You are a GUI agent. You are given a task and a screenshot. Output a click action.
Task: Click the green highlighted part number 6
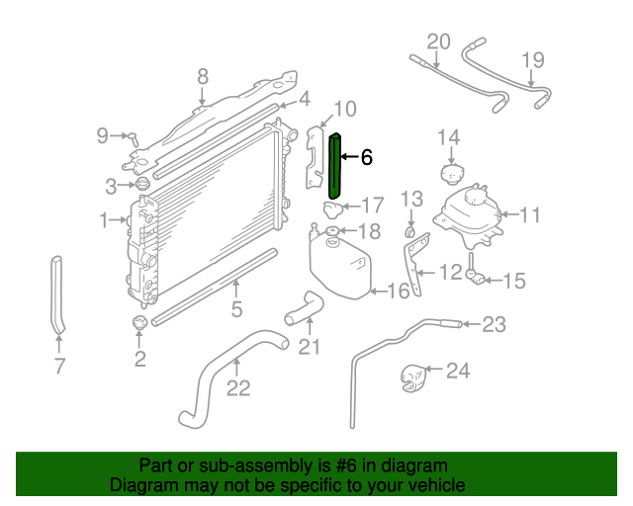(x=335, y=166)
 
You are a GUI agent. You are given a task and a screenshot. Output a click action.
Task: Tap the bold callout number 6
(x=366, y=157)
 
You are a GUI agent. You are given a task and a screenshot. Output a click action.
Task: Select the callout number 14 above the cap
(x=448, y=137)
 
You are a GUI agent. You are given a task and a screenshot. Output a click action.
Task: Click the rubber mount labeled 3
(x=141, y=184)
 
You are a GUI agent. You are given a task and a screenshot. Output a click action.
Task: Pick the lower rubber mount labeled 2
(x=138, y=322)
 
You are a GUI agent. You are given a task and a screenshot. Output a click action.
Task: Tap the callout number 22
(x=238, y=388)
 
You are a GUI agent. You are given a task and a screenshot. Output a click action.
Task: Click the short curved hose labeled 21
(x=304, y=308)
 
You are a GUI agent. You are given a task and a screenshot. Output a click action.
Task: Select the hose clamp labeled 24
(x=413, y=378)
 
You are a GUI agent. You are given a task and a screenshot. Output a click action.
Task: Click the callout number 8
(x=203, y=77)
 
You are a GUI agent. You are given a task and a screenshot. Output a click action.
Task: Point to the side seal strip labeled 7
(x=57, y=295)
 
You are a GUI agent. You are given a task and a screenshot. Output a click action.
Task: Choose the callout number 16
(x=398, y=291)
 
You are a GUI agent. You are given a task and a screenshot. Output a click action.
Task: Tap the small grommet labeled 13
(x=409, y=232)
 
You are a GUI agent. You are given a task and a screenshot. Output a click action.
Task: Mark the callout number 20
(x=438, y=42)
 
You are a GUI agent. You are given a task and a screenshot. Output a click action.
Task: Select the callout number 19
(x=533, y=60)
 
